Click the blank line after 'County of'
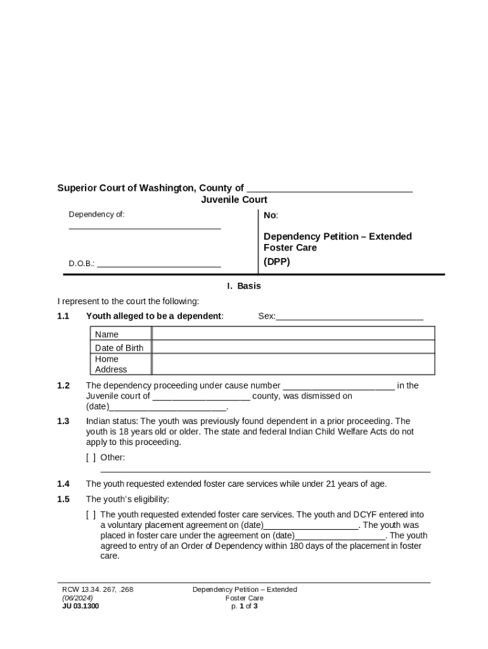pyautogui.click(x=329, y=188)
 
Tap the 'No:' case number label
pyautogui.click(x=271, y=215)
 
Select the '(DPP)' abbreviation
pyautogui.click(x=277, y=261)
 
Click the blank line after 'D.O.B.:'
pyautogui.click(x=159, y=263)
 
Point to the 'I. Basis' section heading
pyautogui.click(x=244, y=286)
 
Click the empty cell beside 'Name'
pyautogui.click(x=293, y=334)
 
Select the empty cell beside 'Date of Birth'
pyautogui.click(x=293, y=347)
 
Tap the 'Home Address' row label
pyautogui.click(x=111, y=364)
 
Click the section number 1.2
pyautogui.click(x=63, y=385)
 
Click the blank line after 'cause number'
pyautogui.click(x=338, y=385)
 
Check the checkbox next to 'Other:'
pyautogui.click(x=91, y=458)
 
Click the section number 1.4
pyautogui.click(x=63, y=484)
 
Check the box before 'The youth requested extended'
pyautogui.click(x=91, y=515)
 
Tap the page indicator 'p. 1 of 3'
pyautogui.click(x=245, y=606)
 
